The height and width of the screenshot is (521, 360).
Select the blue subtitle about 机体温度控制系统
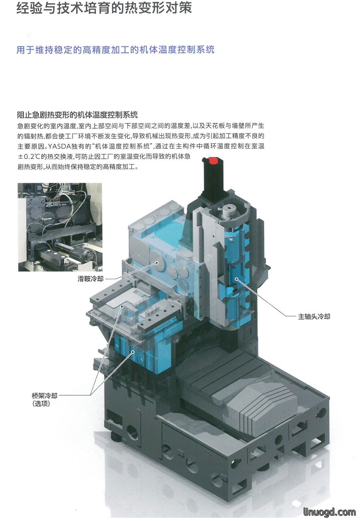(115, 50)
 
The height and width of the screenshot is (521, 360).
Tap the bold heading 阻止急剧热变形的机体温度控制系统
(77, 114)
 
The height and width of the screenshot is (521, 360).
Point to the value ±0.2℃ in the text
(29, 157)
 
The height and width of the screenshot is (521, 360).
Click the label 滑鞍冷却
(91, 279)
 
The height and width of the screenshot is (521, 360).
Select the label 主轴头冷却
(314, 316)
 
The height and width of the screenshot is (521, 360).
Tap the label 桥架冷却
(44, 396)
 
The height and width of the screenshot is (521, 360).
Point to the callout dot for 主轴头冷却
(236, 279)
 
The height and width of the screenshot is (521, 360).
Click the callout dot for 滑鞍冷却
(157, 263)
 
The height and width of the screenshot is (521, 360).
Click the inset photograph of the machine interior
(60, 227)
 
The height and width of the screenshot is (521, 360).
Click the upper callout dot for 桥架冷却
(122, 307)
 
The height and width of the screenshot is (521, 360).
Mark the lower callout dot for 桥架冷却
(133, 352)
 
